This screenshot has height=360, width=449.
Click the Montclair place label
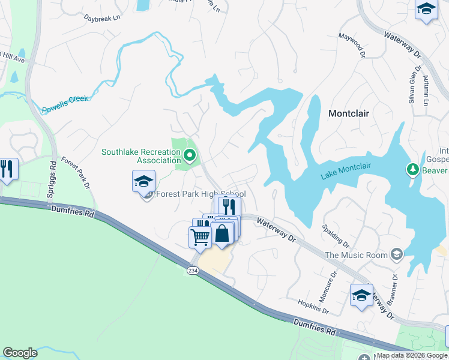pyautogui.click(x=349, y=113)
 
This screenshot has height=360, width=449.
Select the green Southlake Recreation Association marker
pyautogui.click(x=190, y=156)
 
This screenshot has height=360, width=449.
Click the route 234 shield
pyautogui.click(x=192, y=271)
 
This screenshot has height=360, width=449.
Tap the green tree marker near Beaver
pyautogui.click(x=412, y=170)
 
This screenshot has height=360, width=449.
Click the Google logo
pyautogui.click(x=20, y=353)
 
